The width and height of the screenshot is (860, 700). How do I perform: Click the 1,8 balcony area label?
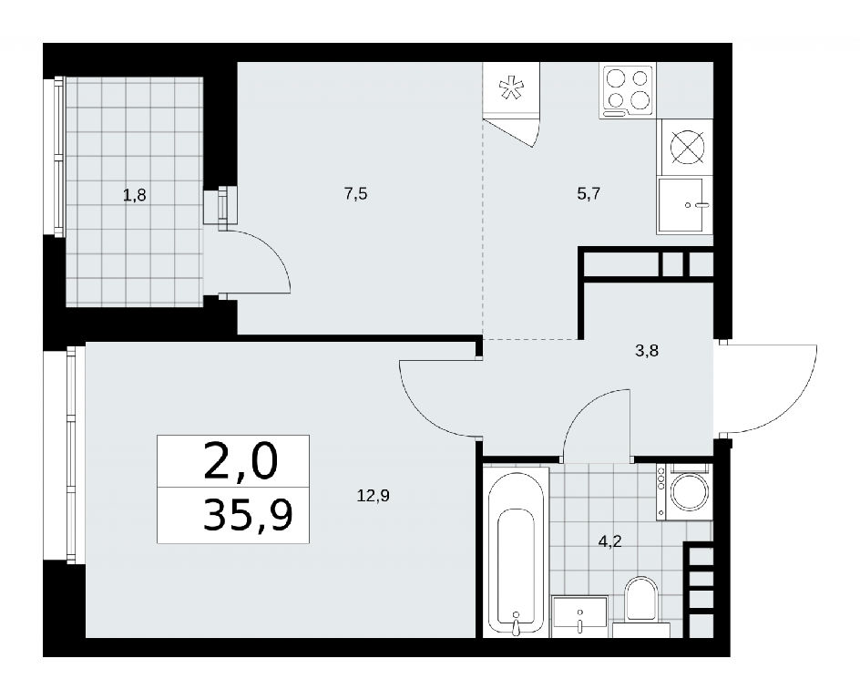tap(135, 194)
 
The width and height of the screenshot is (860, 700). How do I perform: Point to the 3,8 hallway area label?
tap(647, 351)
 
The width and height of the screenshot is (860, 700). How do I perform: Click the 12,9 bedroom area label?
tap(373, 496)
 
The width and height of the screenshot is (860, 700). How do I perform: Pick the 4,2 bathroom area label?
tap(609, 541)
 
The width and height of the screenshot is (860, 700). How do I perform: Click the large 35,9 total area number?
tap(248, 516)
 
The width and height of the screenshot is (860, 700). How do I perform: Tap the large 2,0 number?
tap(241, 461)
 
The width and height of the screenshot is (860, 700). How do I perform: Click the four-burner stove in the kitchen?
tap(628, 91)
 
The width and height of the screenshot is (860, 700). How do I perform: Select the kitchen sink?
tap(684, 206)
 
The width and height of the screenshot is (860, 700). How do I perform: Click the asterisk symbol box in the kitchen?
tap(510, 89)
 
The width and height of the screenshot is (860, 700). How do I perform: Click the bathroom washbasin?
tap(579, 616)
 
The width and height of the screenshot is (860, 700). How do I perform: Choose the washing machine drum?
tap(690, 491)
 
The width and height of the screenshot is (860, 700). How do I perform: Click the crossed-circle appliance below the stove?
tap(687, 148)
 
